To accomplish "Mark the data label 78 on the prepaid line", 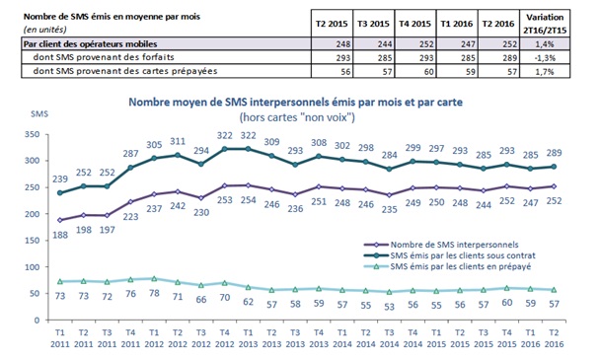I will point(151,294).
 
